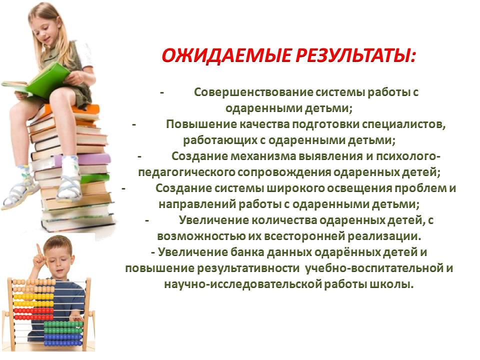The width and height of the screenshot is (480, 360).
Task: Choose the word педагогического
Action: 186,172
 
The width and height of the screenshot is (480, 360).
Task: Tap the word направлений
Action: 197,204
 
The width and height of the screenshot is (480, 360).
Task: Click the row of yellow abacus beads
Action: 33,296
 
